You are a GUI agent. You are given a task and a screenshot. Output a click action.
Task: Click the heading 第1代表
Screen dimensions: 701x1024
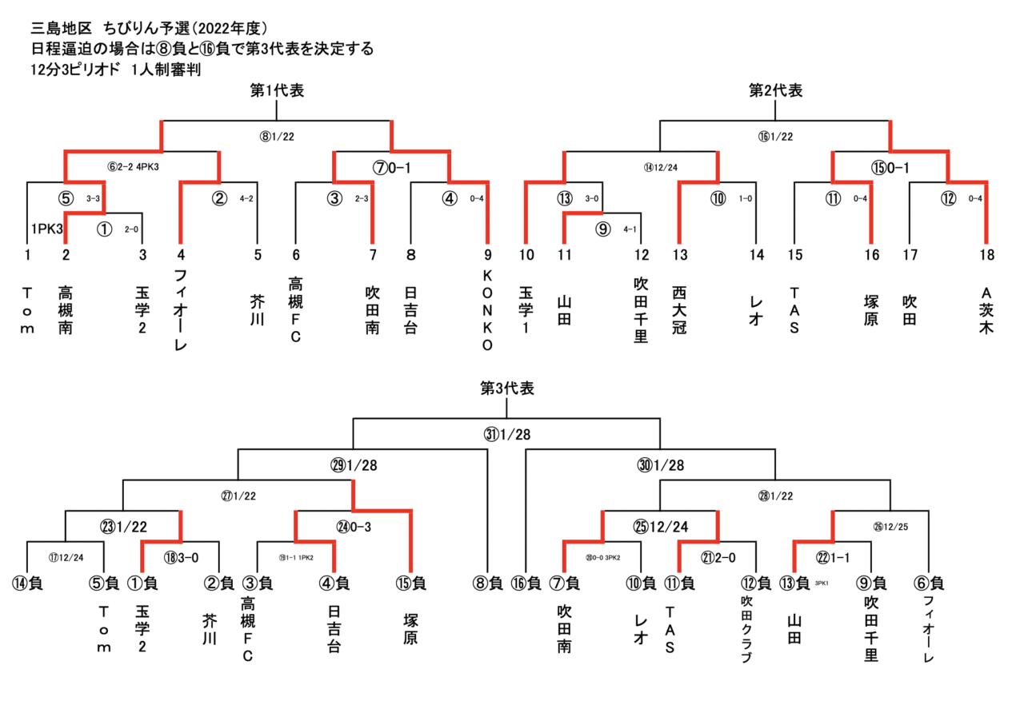pos(277,91)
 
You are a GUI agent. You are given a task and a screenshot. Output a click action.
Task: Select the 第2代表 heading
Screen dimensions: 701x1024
pos(775,91)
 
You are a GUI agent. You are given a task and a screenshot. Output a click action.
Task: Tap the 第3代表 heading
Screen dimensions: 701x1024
pos(507,389)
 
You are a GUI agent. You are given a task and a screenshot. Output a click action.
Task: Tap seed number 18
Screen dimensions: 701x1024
pos(986,256)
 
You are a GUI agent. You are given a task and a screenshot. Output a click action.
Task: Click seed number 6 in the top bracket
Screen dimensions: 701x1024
pos(295,256)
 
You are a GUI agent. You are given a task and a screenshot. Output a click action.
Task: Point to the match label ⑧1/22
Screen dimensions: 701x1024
pos(277,137)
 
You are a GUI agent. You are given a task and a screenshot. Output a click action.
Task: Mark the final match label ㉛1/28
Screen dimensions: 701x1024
pos(507,435)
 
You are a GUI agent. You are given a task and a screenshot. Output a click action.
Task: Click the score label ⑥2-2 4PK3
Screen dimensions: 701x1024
pos(142,167)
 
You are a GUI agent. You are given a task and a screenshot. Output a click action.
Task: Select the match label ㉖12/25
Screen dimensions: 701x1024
pos(890,526)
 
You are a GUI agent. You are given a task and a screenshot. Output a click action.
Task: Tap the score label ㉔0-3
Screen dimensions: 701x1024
pos(353,526)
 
